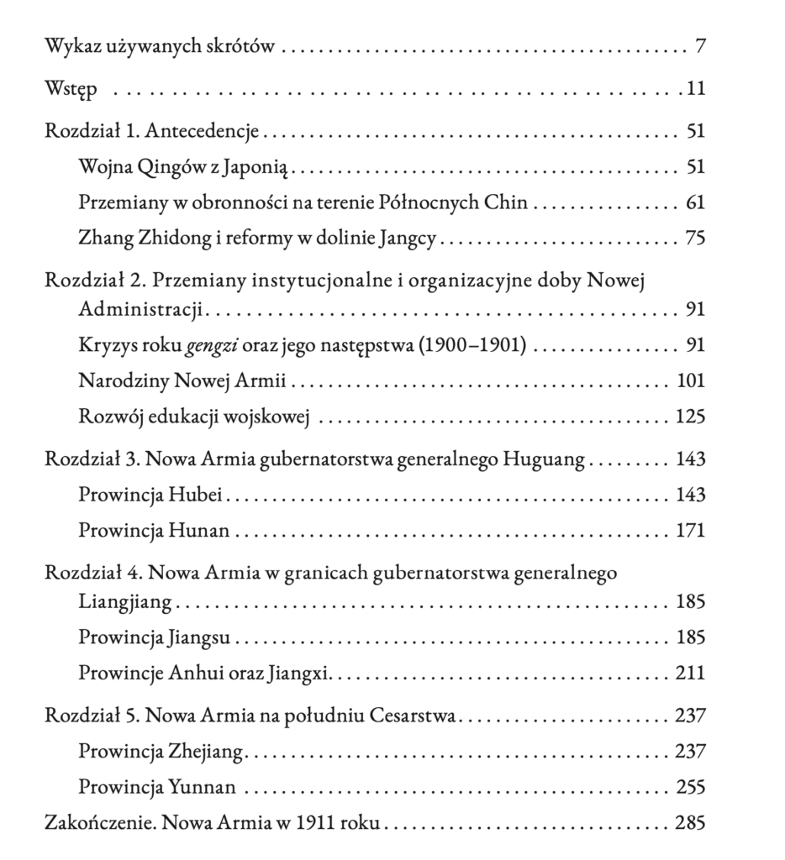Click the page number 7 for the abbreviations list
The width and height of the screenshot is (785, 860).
click(x=699, y=46)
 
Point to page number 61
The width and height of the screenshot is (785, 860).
click(x=695, y=203)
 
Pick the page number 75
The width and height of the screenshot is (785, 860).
click(x=695, y=239)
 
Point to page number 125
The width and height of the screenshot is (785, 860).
click(x=691, y=417)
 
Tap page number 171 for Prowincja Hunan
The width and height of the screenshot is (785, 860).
click(x=691, y=531)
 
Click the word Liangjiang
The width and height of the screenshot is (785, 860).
click(x=125, y=601)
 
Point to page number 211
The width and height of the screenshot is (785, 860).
click(x=691, y=673)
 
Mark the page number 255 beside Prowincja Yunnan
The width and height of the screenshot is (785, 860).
click(x=691, y=787)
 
